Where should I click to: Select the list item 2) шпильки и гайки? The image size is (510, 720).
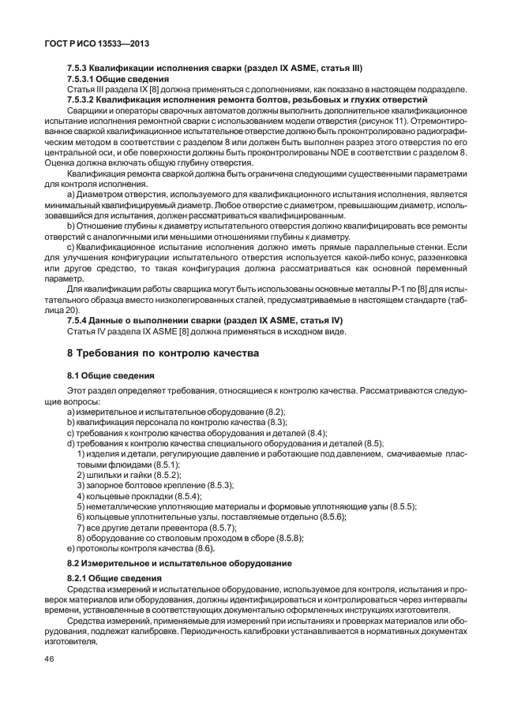pyautogui.click(x=129, y=475)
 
